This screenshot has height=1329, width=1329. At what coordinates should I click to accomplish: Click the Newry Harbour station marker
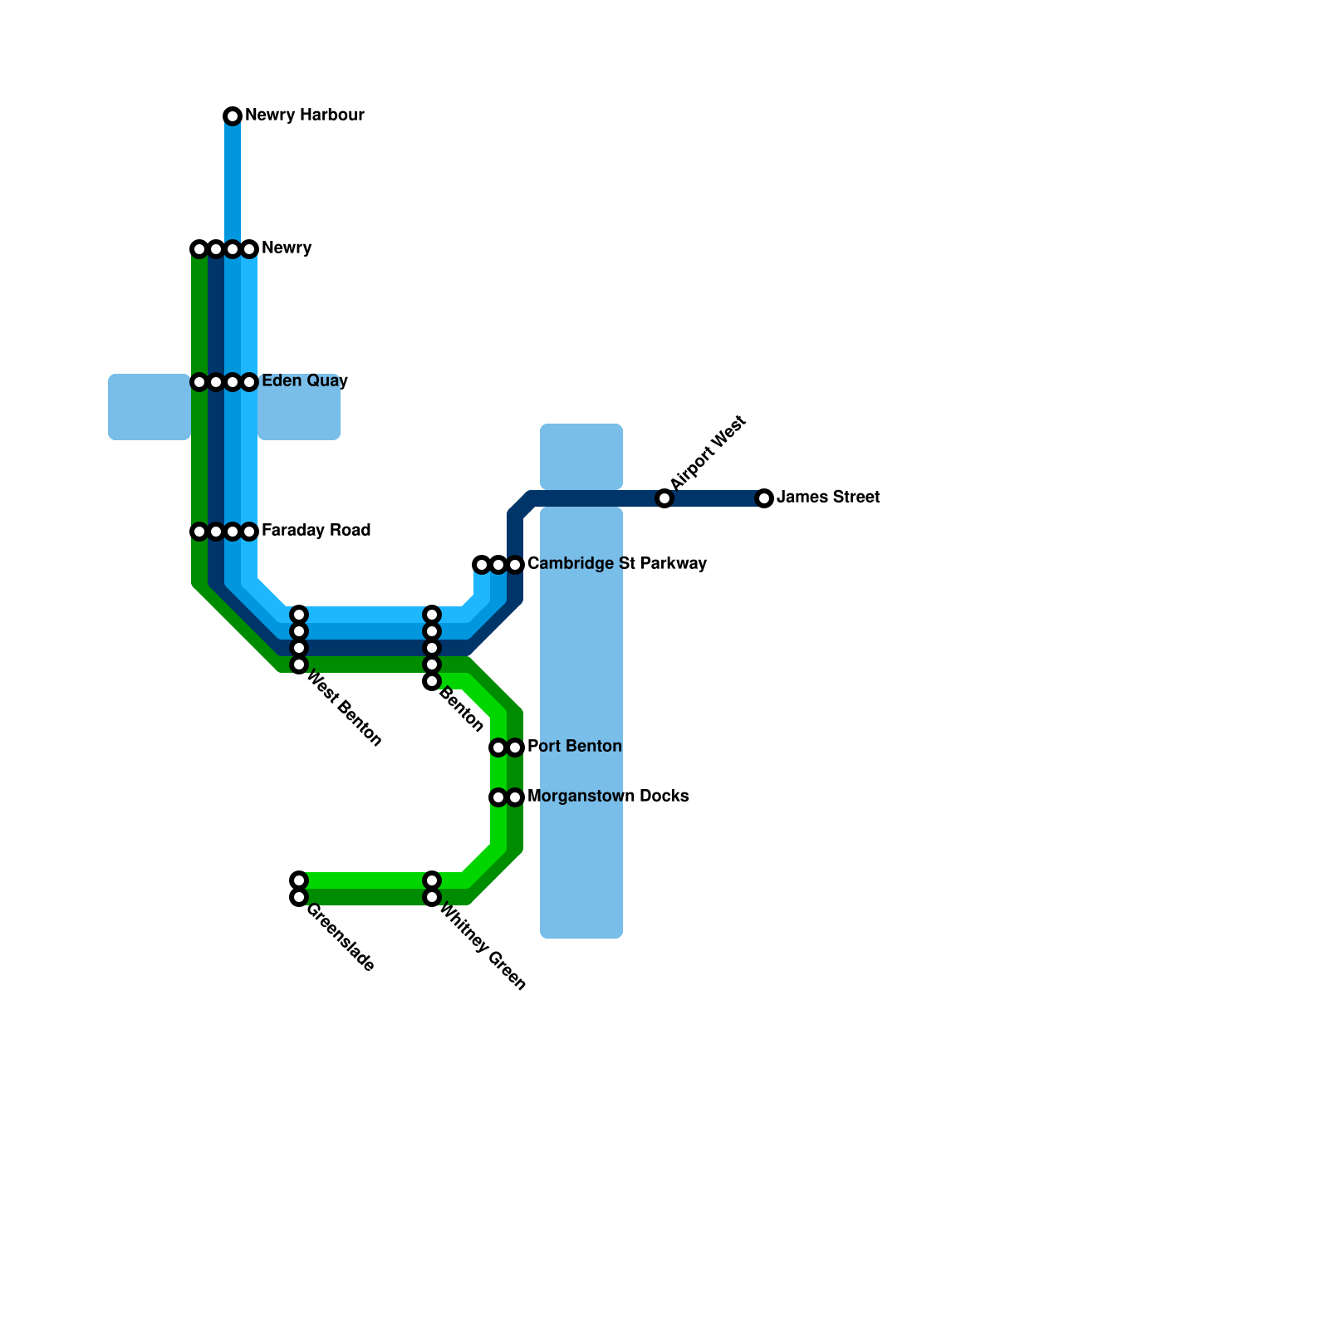[233, 115]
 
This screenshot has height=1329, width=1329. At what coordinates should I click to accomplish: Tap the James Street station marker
[764, 498]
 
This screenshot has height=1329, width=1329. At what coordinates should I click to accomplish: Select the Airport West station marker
[664, 498]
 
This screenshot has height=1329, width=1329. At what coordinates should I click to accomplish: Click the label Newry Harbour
[305, 115]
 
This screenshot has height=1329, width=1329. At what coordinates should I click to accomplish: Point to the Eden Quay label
[304, 381]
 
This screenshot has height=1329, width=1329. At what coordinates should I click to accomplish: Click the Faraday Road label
[316, 531]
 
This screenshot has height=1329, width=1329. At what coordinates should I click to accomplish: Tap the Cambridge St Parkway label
[616, 564]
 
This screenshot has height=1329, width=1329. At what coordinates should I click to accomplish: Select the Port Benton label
[574, 747]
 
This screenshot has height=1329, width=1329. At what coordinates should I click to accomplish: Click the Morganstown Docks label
[608, 797]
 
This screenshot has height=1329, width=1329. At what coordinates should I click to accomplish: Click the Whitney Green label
[483, 948]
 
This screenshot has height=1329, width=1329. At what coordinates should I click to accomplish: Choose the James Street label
[827, 498]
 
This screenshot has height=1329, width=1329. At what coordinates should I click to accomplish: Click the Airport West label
[708, 454]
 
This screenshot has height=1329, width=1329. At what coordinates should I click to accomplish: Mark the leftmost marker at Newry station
[199, 249]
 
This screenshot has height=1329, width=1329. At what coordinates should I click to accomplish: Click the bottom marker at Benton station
[432, 681]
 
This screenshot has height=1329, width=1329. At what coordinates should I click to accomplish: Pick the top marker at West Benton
[299, 615]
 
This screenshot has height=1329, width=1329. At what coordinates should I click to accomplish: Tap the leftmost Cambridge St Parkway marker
[482, 565]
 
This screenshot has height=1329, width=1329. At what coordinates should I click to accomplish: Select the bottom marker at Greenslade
[299, 897]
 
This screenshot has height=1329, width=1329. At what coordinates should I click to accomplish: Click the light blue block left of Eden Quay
[150, 407]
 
